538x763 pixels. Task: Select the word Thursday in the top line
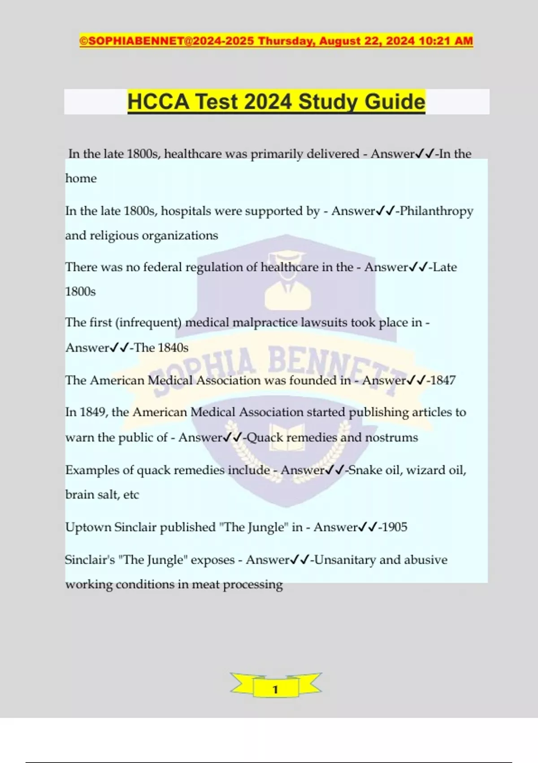(286, 41)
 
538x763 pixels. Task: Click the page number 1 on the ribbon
(275, 689)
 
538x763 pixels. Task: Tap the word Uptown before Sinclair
(88, 527)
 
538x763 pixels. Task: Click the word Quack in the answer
(265, 438)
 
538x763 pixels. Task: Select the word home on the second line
(81, 179)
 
